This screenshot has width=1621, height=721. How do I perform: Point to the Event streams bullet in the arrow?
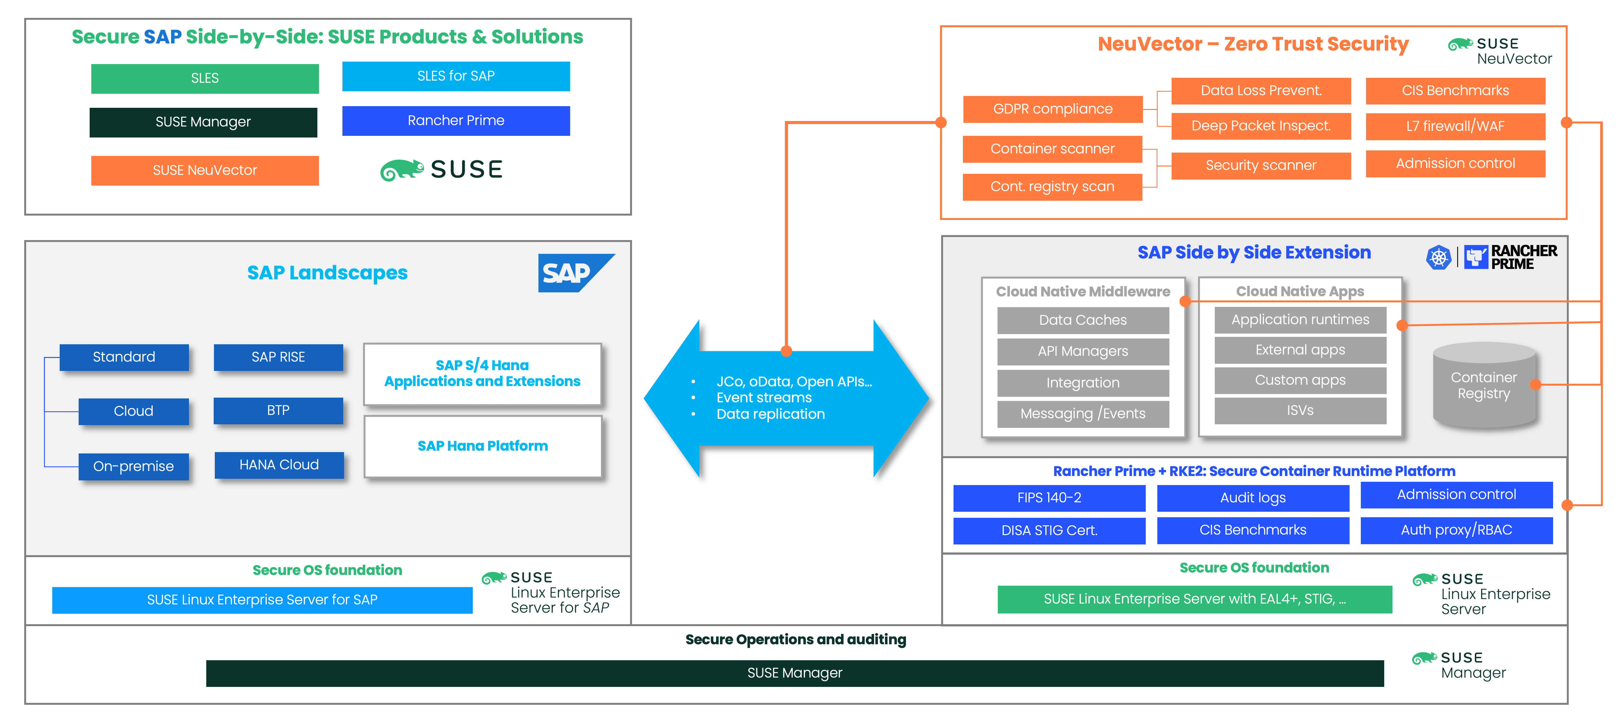point(764,398)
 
